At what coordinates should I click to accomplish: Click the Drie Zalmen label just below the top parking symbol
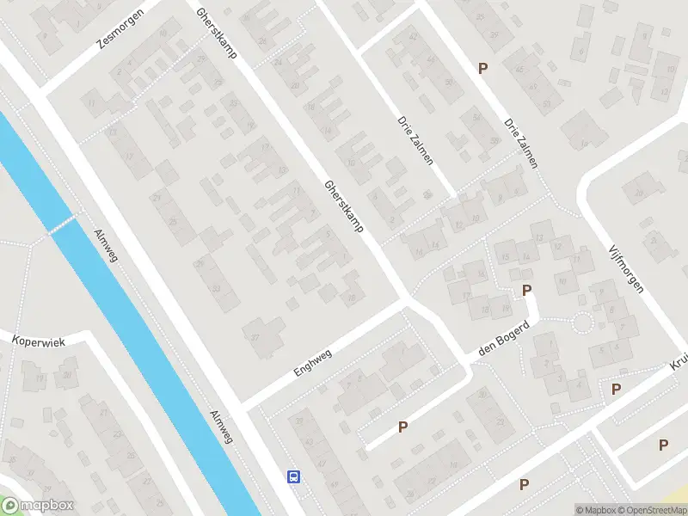coord(520,143)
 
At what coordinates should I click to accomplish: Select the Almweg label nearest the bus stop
coord(221,427)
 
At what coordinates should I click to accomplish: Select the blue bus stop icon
coord(293,477)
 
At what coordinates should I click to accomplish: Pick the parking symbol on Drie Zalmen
coord(482,68)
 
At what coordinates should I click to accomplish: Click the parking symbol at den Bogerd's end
coord(526,292)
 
